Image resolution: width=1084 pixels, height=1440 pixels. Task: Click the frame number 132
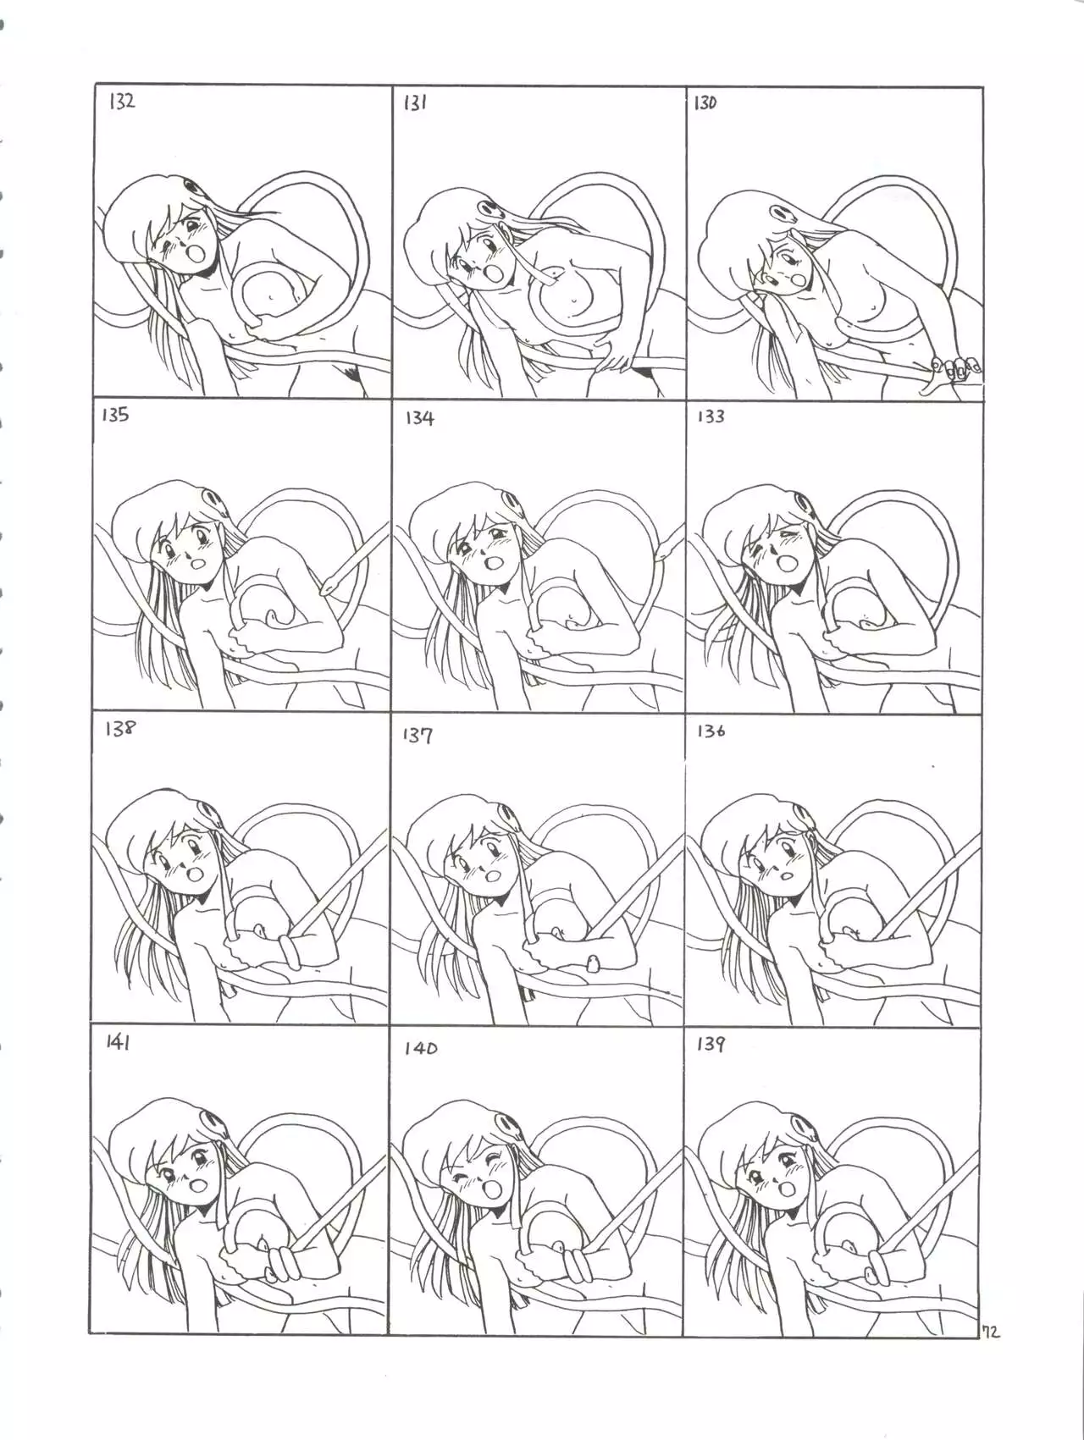[122, 102]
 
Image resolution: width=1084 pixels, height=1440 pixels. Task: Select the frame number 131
[414, 104]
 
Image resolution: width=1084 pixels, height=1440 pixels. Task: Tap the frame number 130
[705, 103]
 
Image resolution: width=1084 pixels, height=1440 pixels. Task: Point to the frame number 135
[115, 415]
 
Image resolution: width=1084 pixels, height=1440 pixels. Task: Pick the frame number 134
[419, 418]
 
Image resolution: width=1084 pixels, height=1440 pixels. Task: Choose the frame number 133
[711, 417]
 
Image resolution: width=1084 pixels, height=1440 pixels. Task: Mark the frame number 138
[119, 728]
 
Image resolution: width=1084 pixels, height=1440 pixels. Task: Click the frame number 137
[418, 735]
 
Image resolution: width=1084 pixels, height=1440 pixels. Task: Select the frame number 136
[711, 731]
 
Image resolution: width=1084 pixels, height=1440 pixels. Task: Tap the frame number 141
[118, 1043]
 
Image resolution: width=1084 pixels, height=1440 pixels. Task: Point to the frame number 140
[420, 1048]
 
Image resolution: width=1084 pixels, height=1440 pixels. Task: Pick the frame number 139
[711, 1045]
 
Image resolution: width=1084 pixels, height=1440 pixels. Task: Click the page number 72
[991, 1332]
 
